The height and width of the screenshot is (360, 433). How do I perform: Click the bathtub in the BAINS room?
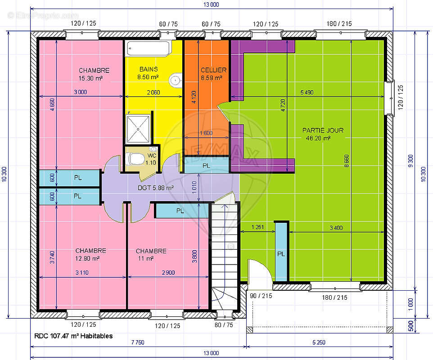click(x=149, y=49)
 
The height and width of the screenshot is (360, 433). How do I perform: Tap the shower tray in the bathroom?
click(x=138, y=129)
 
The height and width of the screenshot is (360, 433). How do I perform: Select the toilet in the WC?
click(x=135, y=159)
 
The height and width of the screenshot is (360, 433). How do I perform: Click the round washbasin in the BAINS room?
click(x=176, y=81)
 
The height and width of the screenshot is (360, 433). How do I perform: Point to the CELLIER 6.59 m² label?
click(x=213, y=74)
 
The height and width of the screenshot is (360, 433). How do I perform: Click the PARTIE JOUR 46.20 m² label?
click(x=323, y=134)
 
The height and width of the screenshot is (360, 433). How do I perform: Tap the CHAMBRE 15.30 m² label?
click(x=94, y=74)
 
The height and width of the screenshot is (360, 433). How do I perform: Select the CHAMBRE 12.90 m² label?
click(x=90, y=255)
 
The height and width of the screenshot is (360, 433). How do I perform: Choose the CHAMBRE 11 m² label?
click(x=151, y=255)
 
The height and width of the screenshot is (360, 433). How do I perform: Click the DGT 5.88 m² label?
click(x=155, y=188)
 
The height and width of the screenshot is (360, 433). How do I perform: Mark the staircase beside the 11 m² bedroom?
click(x=224, y=257)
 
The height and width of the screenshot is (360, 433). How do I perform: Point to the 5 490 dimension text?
click(x=307, y=93)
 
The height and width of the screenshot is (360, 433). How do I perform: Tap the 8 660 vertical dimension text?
click(x=347, y=161)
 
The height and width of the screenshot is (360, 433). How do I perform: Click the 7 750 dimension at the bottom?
click(x=138, y=342)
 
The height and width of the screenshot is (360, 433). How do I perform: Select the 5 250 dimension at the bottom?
click(x=319, y=342)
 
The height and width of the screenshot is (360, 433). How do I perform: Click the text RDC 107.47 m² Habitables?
click(x=73, y=336)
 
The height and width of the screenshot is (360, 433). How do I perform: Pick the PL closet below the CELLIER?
click(x=206, y=165)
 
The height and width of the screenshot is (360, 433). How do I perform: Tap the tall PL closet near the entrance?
click(x=281, y=252)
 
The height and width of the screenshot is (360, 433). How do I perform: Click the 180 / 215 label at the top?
click(x=339, y=24)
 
